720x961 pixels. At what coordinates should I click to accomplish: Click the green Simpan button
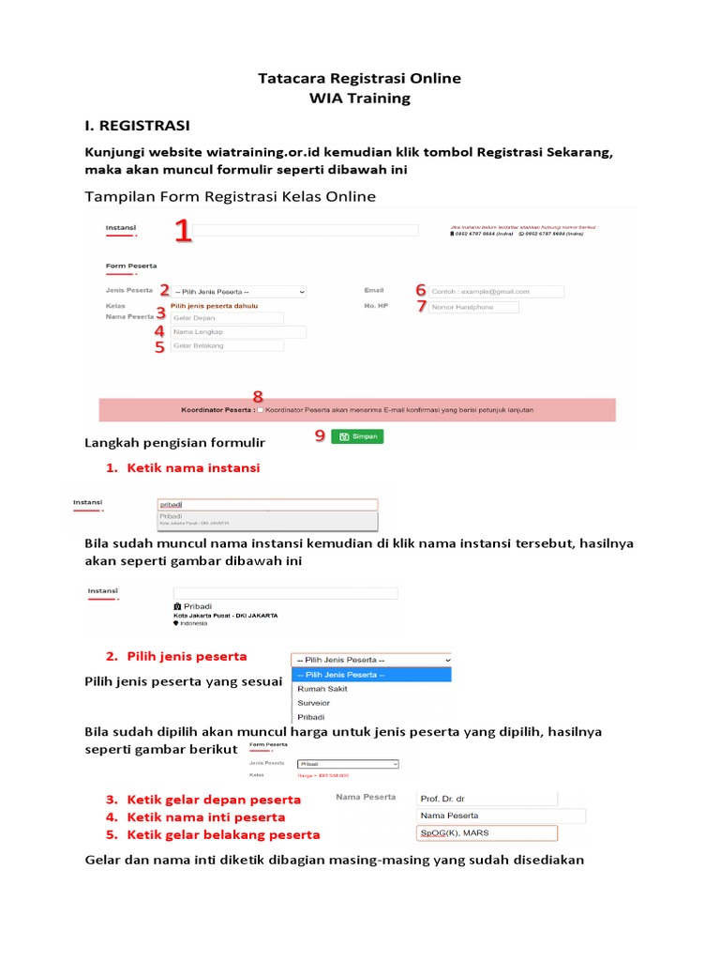[x=357, y=436]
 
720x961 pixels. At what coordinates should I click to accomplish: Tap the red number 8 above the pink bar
[x=258, y=396]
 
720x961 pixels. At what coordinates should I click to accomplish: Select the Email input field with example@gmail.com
[x=497, y=292]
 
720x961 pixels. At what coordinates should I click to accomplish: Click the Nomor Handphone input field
[x=474, y=307]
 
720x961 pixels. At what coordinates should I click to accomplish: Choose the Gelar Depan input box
[x=227, y=318]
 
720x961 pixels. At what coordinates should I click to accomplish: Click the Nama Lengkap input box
[x=237, y=332]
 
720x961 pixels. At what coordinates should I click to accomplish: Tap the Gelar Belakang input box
[x=227, y=345]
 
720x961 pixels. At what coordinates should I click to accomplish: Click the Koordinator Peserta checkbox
[x=260, y=410]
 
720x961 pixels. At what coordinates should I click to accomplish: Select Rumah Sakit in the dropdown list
[x=322, y=689]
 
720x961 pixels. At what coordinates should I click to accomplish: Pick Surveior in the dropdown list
[x=313, y=703]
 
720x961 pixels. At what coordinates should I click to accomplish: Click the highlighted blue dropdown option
[x=371, y=675]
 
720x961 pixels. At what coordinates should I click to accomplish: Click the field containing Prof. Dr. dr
[x=486, y=798]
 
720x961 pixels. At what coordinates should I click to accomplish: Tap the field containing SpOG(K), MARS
[x=486, y=833]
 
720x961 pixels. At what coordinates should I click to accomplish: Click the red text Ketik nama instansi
[x=193, y=467]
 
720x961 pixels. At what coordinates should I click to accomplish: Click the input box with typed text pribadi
[x=267, y=504]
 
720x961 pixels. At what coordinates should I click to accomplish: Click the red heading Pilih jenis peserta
[x=187, y=656]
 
